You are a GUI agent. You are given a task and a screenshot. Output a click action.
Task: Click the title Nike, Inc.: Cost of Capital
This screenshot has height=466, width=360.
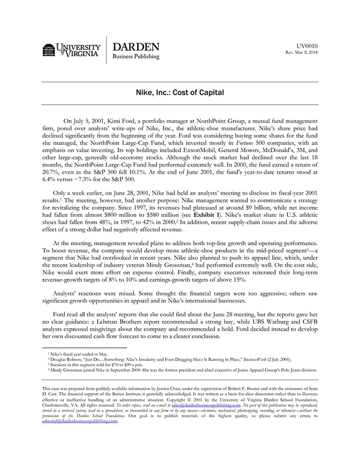pos(180,93)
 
